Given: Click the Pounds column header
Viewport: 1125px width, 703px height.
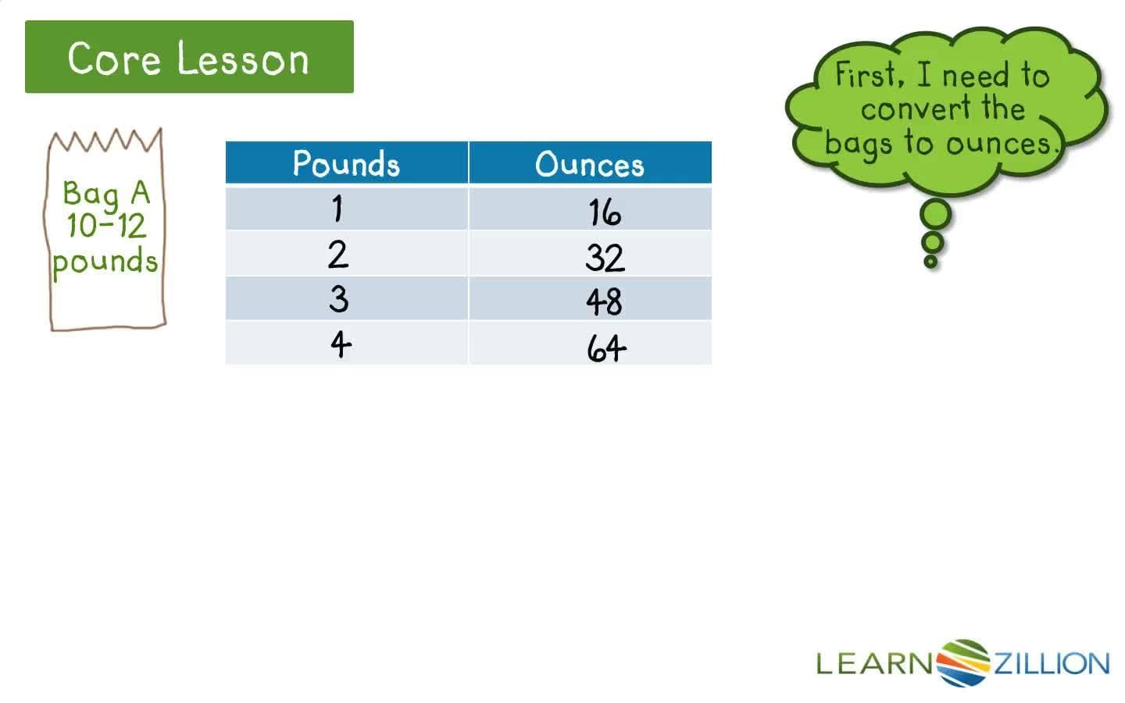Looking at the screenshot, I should click(346, 163).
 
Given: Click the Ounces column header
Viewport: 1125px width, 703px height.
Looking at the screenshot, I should click(590, 164).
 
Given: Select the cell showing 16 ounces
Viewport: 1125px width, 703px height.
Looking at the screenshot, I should click(605, 212).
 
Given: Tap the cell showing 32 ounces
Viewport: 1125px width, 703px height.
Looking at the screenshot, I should click(605, 257).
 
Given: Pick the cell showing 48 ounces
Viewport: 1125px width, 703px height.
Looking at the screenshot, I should click(605, 302).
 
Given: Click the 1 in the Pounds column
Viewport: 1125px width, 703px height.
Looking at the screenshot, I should click(337, 209).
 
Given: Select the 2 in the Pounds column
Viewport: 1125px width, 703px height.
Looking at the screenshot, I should click(337, 255).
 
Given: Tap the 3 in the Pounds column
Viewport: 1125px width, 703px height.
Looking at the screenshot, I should click(338, 299).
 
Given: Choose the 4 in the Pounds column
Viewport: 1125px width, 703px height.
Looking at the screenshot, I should click(340, 344).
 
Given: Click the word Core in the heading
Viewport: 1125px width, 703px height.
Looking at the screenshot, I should click(114, 59).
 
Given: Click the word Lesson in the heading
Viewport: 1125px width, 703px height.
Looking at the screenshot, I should click(243, 59).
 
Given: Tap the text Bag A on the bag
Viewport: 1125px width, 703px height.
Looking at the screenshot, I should click(105, 192).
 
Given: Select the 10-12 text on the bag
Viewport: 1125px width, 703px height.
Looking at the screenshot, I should click(106, 226).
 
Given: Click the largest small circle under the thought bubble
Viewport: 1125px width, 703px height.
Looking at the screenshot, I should click(936, 214).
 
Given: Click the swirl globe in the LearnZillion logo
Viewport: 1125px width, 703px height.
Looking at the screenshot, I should click(963, 663).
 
